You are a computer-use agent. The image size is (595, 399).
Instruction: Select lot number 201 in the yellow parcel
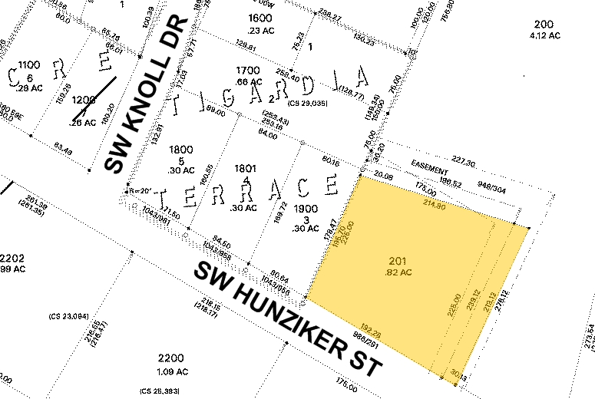(x=398, y=262)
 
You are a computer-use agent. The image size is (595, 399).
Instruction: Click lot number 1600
(x=260, y=18)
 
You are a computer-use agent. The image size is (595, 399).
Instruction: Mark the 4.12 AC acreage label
(x=544, y=35)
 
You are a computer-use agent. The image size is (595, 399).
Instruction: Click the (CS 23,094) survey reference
(x=69, y=315)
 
